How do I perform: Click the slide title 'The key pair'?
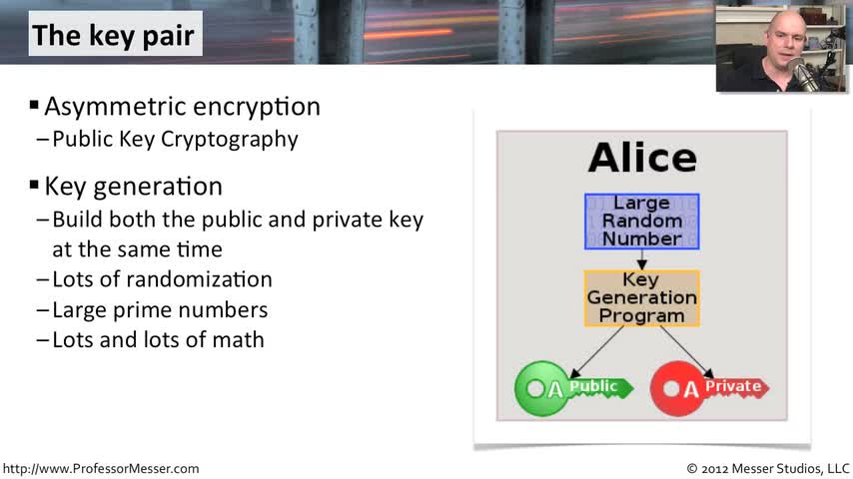click(x=113, y=36)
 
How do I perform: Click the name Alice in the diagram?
click(x=642, y=159)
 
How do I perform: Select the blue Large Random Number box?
click(x=642, y=222)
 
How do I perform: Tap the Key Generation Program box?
click(x=642, y=298)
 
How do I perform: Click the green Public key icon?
click(x=573, y=388)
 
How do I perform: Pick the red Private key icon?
click(x=709, y=388)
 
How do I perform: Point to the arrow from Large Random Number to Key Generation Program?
click(x=642, y=259)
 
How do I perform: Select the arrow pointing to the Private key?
click(x=687, y=352)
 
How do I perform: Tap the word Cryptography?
click(x=229, y=140)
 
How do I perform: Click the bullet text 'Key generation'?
click(x=133, y=187)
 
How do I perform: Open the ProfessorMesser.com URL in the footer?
click(x=101, y=469)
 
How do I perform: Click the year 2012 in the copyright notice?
click(x=714, y=469)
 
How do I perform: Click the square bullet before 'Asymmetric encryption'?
click(x=34, y=105)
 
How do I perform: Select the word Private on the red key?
click(x=733, y=386)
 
